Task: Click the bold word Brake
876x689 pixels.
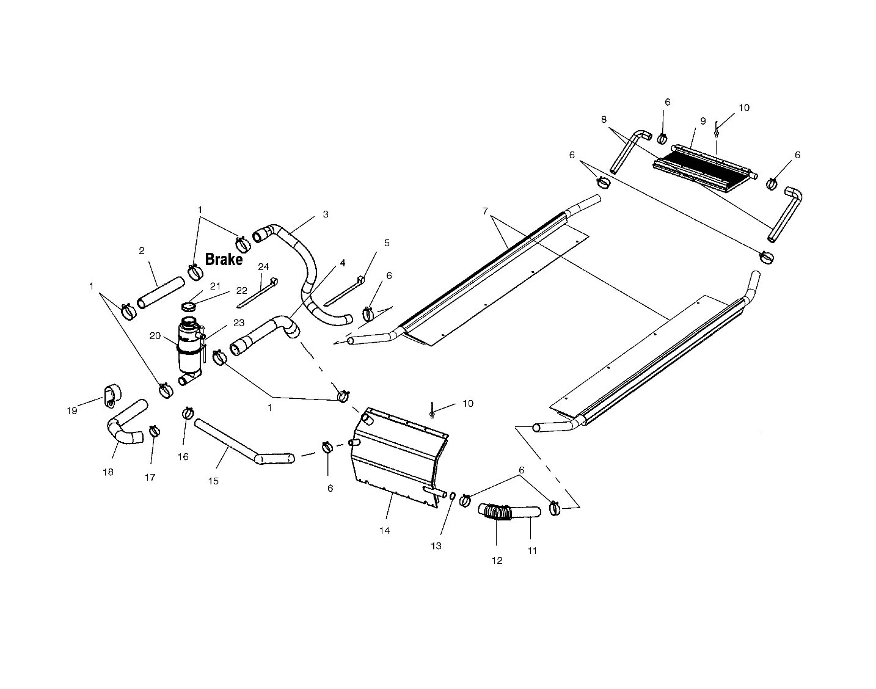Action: [x=224, y=260]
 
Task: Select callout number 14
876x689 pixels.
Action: [x=384, y=530]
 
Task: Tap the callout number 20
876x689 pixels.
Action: [x=155, y=336]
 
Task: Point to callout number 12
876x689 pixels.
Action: [x=497, y=560]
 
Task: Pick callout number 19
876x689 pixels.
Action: [x=72, y=410]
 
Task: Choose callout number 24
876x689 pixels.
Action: [x=263, y=267]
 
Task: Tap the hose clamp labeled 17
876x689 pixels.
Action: [x=155, y=431]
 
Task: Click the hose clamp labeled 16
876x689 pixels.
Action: [x=188, y=414]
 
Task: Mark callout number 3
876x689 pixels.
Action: [x=326, y=214]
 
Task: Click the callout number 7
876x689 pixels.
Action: [x=485, y=211]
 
